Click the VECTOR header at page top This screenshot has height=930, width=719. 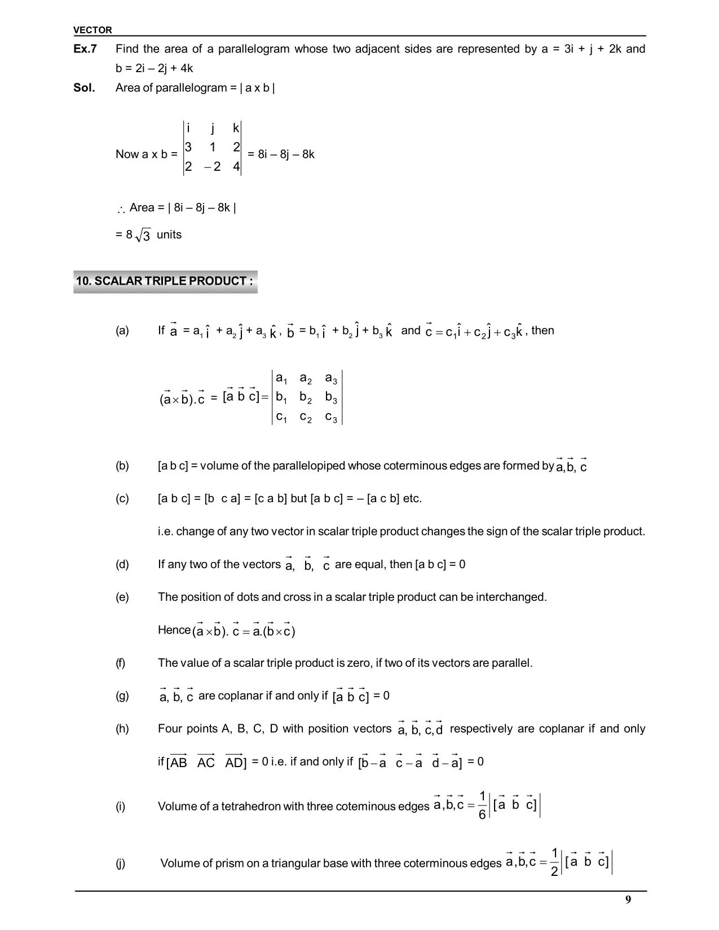click(92, 30)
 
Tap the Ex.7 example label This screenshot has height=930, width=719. click(85, 49)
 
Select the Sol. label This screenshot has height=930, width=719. click(84, 88)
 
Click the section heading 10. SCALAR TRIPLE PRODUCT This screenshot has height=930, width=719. click(165, 281)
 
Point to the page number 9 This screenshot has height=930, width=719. click(628, 900)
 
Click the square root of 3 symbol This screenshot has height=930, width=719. click(143, 236)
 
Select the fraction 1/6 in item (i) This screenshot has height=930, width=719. click(482, 805)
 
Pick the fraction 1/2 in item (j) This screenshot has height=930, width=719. click(554, 862)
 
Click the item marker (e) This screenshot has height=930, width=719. click(122, 597)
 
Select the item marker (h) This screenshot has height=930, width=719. click(122, 729)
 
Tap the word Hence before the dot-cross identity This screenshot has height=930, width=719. click(174, 630)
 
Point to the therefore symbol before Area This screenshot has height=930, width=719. click(121, 210)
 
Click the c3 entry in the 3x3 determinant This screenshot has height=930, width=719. click(331, 418)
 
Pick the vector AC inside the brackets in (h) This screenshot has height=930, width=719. click(206, 763)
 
